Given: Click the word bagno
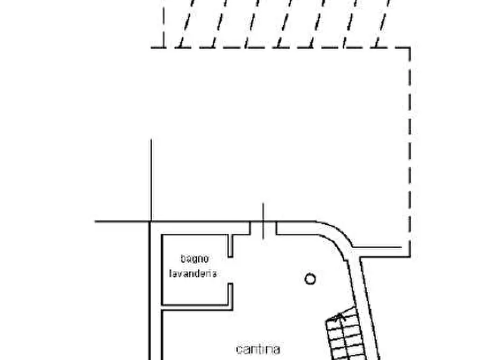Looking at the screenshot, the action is [195, 259].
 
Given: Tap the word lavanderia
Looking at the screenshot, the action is [193, 273].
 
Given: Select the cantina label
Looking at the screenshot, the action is [258, 349].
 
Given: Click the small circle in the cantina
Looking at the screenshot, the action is [310, 279].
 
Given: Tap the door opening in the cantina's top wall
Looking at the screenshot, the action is [263, 228].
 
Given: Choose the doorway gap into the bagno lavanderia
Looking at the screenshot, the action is [230, 270].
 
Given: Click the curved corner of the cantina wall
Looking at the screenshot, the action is [336, 234].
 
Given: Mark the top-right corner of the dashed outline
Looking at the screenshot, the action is [410, 47].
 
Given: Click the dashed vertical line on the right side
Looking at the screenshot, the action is [410, 152].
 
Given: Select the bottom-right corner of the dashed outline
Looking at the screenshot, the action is [410, 256].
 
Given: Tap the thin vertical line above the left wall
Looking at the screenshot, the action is [151, 180].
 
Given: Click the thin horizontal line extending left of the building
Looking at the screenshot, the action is [122, 221].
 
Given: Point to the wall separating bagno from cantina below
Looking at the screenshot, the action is [197, 308].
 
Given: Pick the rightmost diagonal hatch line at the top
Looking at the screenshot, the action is [383, 23].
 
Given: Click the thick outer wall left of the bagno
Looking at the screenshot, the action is [150, 291].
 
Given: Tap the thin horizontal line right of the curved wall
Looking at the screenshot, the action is [377, 247].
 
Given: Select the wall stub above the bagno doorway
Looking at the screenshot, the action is [230, 246].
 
